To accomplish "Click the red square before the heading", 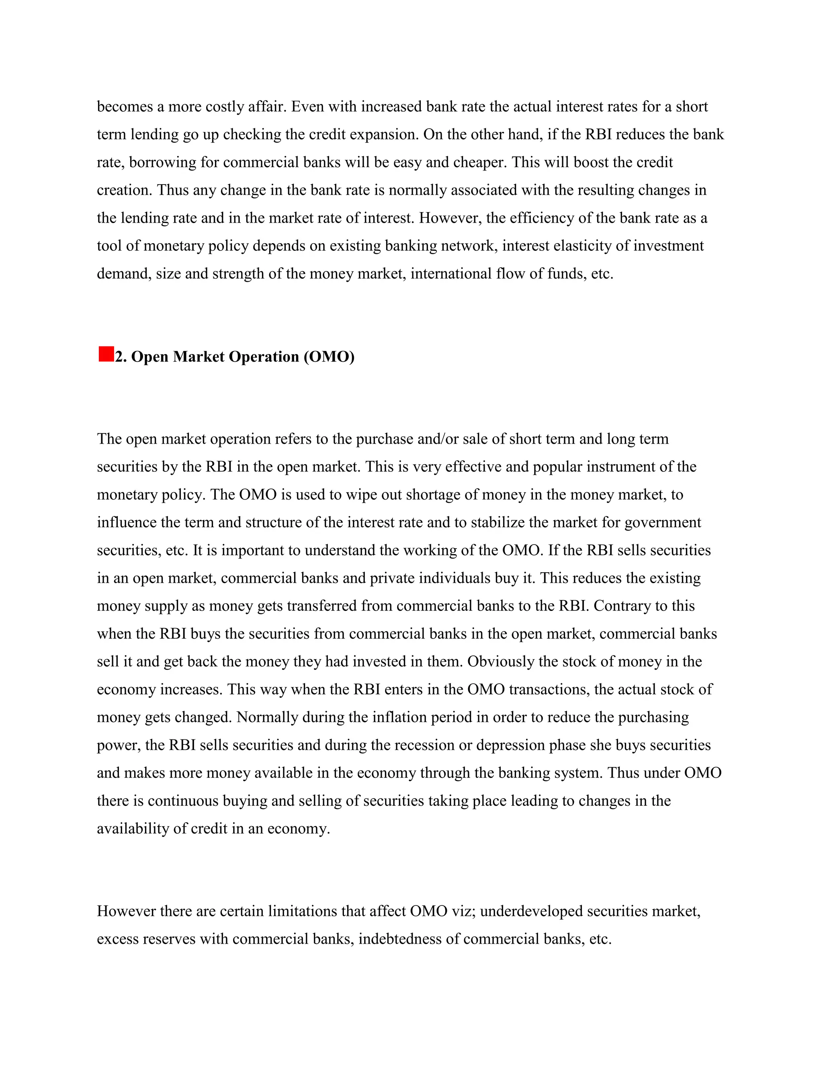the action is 106,354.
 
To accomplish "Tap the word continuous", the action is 183,800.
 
